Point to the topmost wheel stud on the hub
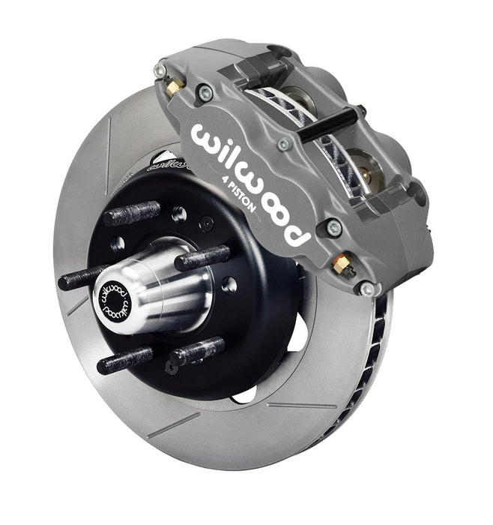132,212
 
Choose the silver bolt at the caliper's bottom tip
366,289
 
